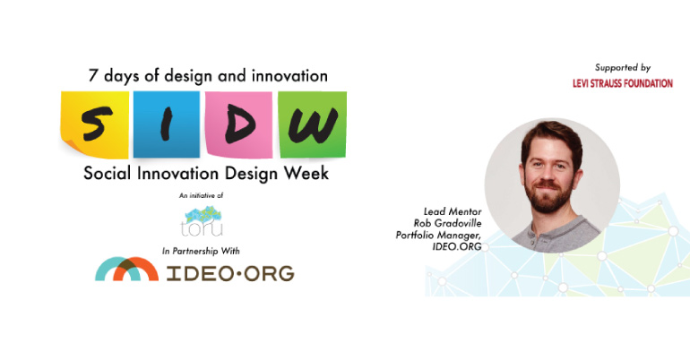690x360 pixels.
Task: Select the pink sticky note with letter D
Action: click(x=238, y=124)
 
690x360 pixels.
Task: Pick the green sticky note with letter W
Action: click(x=310, y=124)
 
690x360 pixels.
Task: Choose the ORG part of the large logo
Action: click(x=264, y=272)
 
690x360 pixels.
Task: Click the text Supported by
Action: click(x=622, y=67)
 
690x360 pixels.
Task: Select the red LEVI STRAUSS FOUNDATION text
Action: click(x=622, y=84)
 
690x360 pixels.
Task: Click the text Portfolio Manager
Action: click(x=437, y=235)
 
